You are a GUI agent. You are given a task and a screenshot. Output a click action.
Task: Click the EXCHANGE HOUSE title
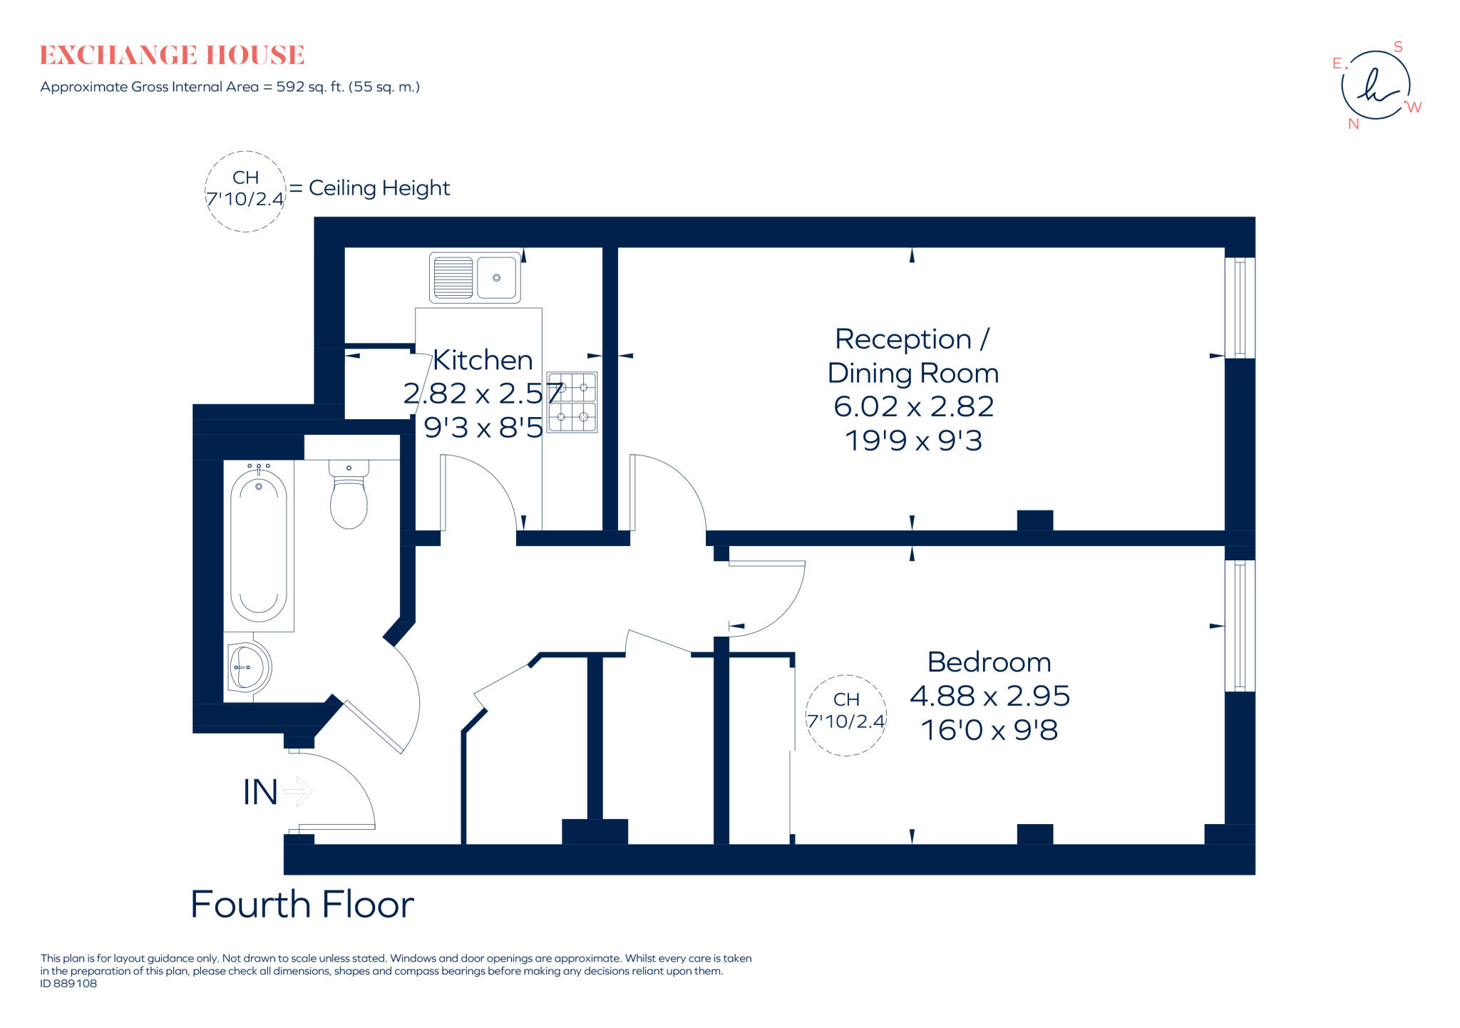coord(172,55)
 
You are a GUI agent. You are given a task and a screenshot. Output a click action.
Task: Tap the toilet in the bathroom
coord(349,495)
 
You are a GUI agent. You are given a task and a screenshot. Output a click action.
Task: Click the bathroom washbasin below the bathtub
coord(247,668)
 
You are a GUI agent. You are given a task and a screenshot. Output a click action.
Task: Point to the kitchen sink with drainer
coord(475,277)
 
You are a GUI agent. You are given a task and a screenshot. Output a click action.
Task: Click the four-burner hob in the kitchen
coord(572,402)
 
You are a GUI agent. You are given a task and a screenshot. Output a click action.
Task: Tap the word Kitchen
coord(483,360)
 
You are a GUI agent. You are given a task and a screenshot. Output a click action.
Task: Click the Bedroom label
coord(989,662)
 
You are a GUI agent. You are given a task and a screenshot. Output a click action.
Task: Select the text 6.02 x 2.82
coord(913,406)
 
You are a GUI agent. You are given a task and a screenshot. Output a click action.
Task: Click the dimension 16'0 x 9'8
coord(989,730)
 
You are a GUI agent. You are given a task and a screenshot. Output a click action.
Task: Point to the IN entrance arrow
coord(298,791)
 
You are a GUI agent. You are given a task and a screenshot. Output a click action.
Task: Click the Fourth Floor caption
coord(302,905)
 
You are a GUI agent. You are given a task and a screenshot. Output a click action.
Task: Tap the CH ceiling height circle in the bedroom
coord(846,715)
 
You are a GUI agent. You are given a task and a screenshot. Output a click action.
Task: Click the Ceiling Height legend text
coord(379,188)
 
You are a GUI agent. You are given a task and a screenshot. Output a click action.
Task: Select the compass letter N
coord(1353,124)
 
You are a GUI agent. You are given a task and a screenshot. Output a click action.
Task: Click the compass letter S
coord(1398,47)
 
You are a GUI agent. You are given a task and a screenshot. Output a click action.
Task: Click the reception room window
coord(1240,307)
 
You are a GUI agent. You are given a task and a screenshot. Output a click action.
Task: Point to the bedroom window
coord(1240,625)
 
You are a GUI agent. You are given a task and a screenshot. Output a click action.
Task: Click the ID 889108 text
coord(68,983)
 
